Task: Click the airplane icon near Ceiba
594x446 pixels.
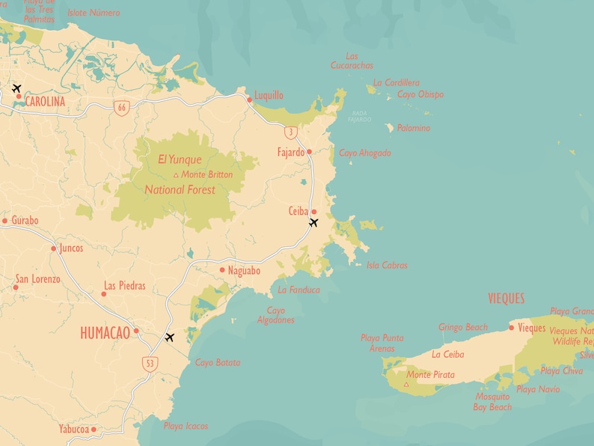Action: pos(313,223)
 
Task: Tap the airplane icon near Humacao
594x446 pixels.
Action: pos(170,337)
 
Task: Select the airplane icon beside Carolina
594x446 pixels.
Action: pos(16,89)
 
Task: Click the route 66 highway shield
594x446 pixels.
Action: pos(120,108)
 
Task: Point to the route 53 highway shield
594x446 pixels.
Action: pos(151,363)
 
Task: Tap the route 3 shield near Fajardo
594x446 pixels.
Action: pos(291,132)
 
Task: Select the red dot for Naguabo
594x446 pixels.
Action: pos(222,270)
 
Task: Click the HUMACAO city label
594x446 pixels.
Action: pos(105,333)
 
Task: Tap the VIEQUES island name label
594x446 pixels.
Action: pos(506,299)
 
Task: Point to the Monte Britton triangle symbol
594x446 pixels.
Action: pos(176,175)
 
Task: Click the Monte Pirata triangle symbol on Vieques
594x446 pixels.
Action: pos(406,384)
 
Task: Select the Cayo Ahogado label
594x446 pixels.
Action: pos(365,153)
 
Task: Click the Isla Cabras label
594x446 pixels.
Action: pos(387,265)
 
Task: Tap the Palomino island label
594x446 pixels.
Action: pos(413,128)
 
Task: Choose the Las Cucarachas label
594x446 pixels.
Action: pos(352,61)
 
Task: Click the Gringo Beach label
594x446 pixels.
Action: pos(463,327)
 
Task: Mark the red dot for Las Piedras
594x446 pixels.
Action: pos(104,293)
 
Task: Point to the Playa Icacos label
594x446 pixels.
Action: pos(186,426)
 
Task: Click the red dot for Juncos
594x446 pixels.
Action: pos(53,248)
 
